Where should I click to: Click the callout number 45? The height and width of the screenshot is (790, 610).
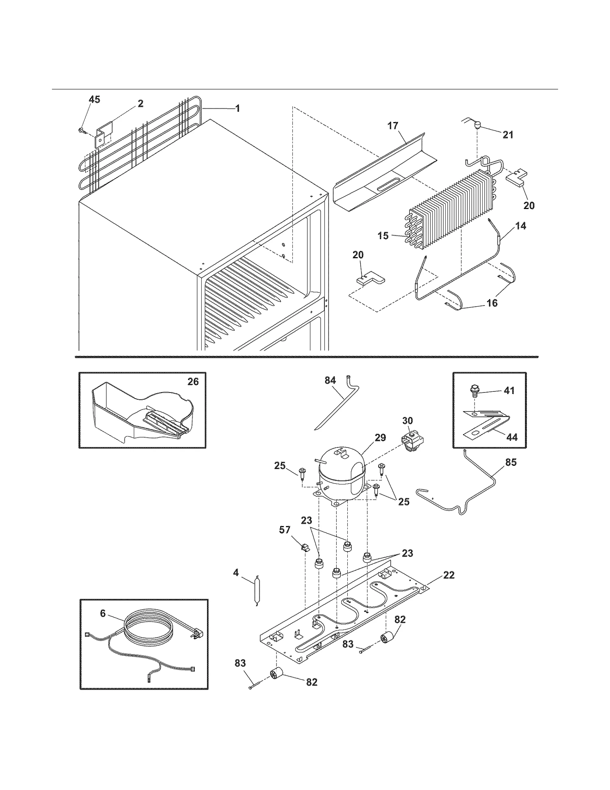pyautogui.click(x=94, y=100)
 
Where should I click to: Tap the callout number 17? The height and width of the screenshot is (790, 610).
pyautogui.click(x=393, y=125)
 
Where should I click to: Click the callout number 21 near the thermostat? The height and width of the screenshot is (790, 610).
pyautogui.click(x=508, y=135)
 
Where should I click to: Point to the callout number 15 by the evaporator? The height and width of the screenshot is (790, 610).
pyautogui.click(x=383, y=236)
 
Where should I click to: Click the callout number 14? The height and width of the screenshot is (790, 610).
pyautogui.click(x=520, y=226)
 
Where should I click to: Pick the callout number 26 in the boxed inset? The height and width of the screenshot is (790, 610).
pyautogui.click(x=193, y=381)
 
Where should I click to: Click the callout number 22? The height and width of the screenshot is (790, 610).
pyautogui.click(x=449, y=575)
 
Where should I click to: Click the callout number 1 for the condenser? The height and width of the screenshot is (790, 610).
pyautogui.click(x=238, y=109)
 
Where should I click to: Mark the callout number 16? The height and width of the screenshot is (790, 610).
pyautogui.click(x=492, y=303)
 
